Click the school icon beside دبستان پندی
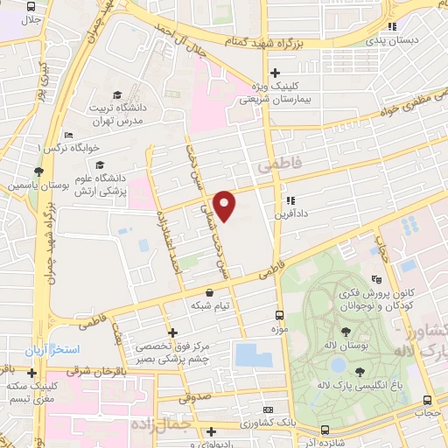point(393,26)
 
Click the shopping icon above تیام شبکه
point(208,293)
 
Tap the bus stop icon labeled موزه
point(279,314)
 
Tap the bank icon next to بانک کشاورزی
point(268,410)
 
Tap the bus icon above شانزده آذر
point(325,430)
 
